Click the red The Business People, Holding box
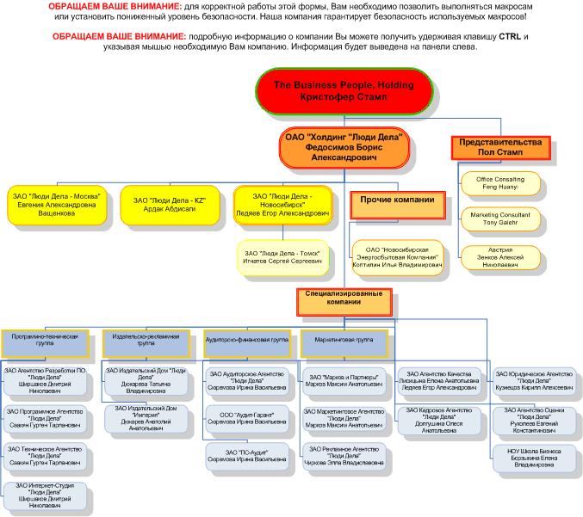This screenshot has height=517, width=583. pyautogui.click(x=344, y=91)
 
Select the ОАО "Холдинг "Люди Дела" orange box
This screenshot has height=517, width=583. pyautogui.click(x=344, y=148)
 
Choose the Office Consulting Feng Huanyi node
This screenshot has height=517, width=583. pyautogui.click(x=500, y=182)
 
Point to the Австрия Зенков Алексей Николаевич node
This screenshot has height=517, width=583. pyautogui.click(x=501, y=255)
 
